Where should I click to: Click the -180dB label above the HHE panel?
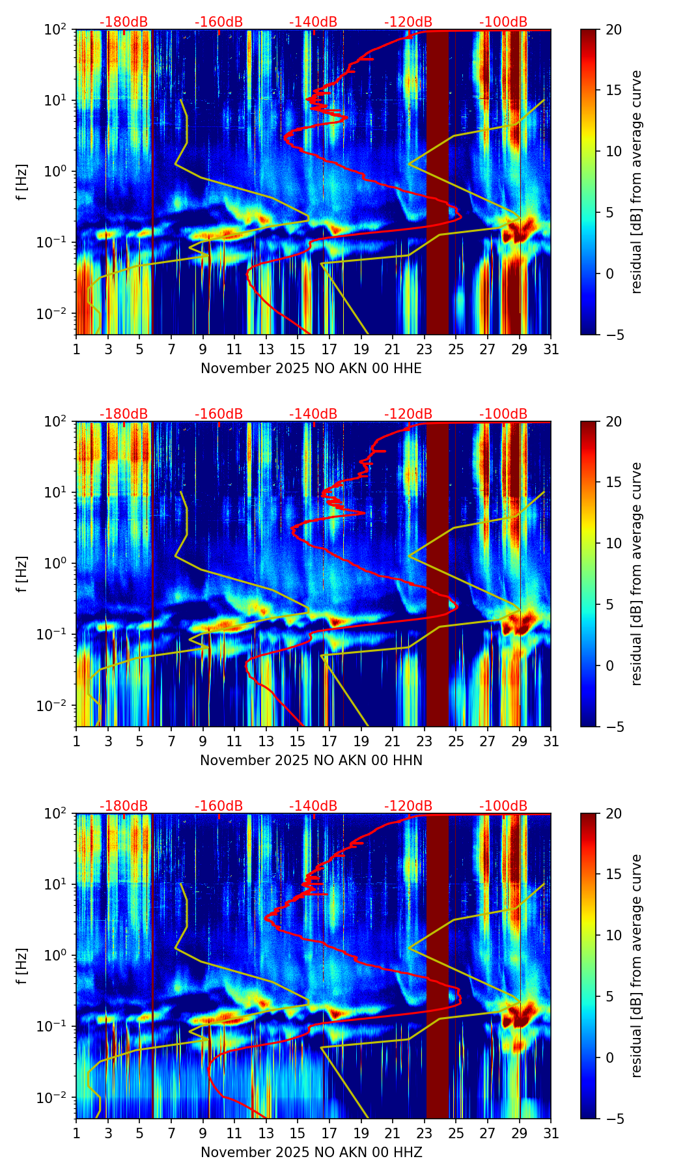124,22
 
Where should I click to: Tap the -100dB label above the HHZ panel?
503,806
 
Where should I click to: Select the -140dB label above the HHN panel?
313,414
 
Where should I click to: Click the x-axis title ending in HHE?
311,369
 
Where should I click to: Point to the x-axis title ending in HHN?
311,761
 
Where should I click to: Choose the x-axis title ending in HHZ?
311,1153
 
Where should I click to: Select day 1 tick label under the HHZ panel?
76,1133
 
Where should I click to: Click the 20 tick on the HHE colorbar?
613,29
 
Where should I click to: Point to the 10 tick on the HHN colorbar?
613,543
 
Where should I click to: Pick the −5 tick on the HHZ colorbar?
613,1119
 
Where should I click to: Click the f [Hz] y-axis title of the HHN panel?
22,574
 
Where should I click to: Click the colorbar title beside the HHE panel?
636,182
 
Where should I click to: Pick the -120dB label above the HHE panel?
408,22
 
